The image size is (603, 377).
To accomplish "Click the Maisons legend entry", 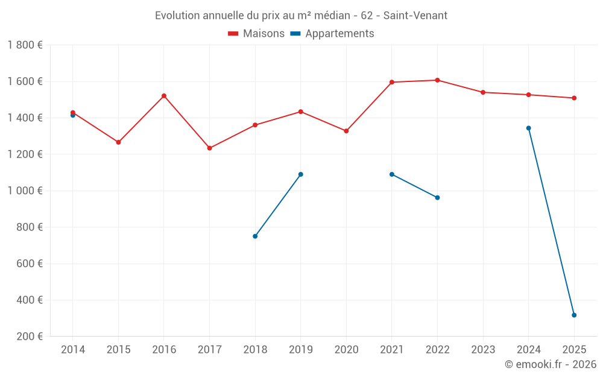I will click(256, 34).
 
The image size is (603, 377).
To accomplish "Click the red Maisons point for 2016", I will click(164, 96).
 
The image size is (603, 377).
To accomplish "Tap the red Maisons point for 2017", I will click(210, 148).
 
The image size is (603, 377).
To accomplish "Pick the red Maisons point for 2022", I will click(437, 80).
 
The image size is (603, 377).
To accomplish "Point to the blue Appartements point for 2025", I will click(574, 315).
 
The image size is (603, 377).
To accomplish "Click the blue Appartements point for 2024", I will click(528, 128).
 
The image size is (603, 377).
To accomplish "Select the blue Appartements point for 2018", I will click(255, 236).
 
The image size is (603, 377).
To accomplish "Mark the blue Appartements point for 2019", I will click(301, 174).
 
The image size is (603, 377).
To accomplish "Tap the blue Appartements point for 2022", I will click(437, 197).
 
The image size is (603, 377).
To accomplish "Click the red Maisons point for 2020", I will click(346, 131).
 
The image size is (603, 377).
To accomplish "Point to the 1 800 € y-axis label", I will click(25, 45).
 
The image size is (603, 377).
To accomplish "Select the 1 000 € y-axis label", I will click(25, 191).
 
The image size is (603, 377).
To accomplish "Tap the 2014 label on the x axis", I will click(73, 350).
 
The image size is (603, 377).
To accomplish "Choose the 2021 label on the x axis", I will click(392, 350).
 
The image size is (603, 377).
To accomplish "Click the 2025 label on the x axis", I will click(574, 350).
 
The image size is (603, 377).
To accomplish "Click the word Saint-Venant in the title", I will click(415, 16).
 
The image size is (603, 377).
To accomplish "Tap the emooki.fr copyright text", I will click(551, 364).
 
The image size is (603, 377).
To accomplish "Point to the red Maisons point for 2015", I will click(118, 142).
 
